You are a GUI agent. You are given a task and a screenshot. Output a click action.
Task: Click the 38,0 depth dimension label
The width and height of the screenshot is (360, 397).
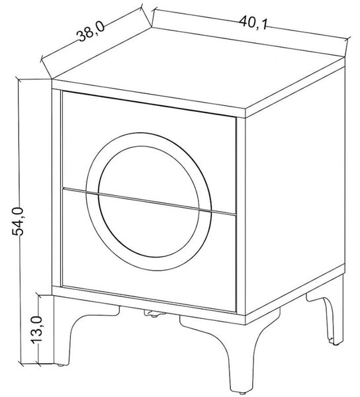pyautogui.click(x=91, y=32)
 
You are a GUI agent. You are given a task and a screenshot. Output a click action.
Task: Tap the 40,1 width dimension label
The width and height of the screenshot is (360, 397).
pyautogui.click(x=253, y=22)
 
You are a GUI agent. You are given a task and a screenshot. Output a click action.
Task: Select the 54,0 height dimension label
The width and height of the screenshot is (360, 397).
pyautogui.click(x=18, y=221)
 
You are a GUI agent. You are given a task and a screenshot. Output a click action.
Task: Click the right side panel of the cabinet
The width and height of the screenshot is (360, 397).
pyautogui.click(x=295, y=193)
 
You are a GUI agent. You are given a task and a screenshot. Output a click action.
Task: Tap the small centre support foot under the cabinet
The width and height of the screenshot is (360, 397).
pyautogui.click(x=154, y=314)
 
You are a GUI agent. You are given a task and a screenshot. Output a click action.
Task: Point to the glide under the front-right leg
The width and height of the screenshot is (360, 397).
pyautogui.click(x=242, y=394)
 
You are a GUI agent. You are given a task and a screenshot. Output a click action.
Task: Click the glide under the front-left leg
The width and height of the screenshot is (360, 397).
pyautogui.click(x=60, y=365)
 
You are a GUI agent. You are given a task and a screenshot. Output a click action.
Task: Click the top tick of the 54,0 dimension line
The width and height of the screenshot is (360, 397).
pyautogui.click(x=19, y=79)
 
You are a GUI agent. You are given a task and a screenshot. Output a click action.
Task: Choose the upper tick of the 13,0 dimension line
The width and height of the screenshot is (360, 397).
pyautogui.click(x=39, y=296)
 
